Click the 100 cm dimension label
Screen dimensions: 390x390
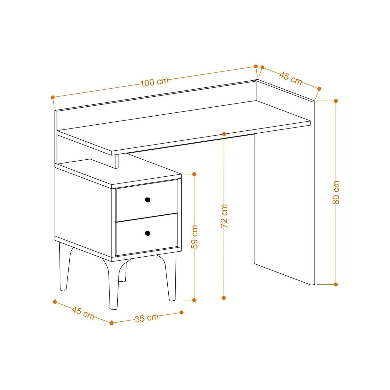tap(155, 82)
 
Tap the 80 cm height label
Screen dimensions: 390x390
tap(336, 192)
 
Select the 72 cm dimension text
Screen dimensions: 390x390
tap(224, 216)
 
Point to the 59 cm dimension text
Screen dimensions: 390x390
tap(194, 237)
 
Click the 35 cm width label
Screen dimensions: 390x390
tap(146, 318)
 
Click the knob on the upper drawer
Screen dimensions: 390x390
tap(147, 200)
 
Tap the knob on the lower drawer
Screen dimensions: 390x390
tap(147, 233)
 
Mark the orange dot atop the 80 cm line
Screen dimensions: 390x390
tap(336, 101)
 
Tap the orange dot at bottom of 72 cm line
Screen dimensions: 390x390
tap(224, 298)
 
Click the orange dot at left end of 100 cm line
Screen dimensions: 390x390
tap(53, 97)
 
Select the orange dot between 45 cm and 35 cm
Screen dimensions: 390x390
tap(111, 323)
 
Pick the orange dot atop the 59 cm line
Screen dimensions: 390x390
tap(194, 174)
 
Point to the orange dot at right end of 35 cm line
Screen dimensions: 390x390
tap(181, 312)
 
